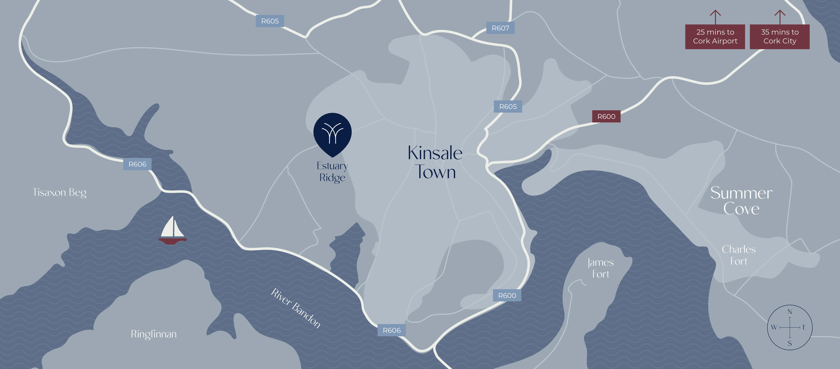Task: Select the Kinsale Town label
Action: pos(435,162)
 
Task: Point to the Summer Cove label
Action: pos(741,200)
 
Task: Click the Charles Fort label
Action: pos(739,255)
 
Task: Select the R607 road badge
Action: pos(500,28)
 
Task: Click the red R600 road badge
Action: pos(606,116)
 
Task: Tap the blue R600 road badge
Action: pos(507,295)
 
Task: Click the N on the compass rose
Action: pos(790,312)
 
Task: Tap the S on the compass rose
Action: pos(790,343)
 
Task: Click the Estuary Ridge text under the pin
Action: pos(332,172)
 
